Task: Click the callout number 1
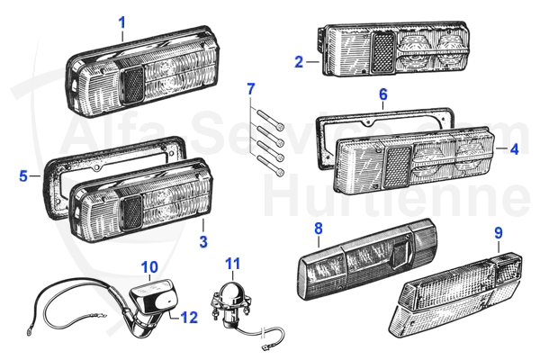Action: (x=122, y=21)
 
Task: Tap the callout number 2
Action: (x=299, y=62)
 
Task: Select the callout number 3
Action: (x=203, y=241)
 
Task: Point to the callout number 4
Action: (x=514, y=148)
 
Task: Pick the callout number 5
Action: (x=23, y=176)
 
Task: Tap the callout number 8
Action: (x=318, y=229)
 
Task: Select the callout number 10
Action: (x=150, y=266)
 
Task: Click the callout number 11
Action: (x=233, y=265)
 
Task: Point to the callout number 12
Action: (x=189, y=317)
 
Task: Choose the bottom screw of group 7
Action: (x=273, y=166)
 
